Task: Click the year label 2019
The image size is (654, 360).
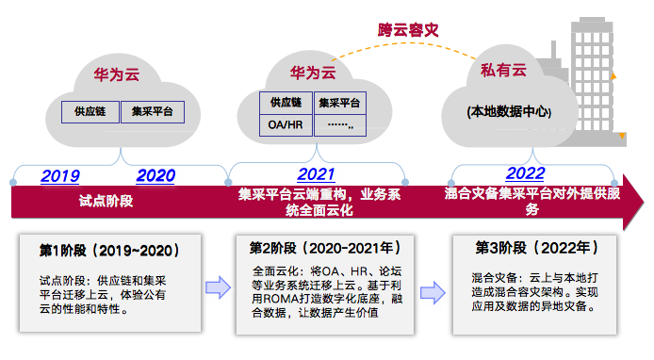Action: click(x=60, y=175)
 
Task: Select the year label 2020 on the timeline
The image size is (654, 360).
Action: click(x=155, y=175)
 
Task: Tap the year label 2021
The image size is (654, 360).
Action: click(x=316, y=174)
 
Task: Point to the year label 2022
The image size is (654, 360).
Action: click(x=525, y=173)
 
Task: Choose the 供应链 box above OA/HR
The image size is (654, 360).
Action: click(x=286, y=102)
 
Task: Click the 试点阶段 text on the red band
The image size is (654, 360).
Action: click(x=105, y=201)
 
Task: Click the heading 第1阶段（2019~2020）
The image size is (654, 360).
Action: click(x=109, y=251)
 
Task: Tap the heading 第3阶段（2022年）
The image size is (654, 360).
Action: click(x=534, y=249)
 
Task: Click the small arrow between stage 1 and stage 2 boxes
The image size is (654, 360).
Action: click(x=218, y=286)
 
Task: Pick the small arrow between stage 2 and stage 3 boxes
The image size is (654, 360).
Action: click(x=431, y=286)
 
